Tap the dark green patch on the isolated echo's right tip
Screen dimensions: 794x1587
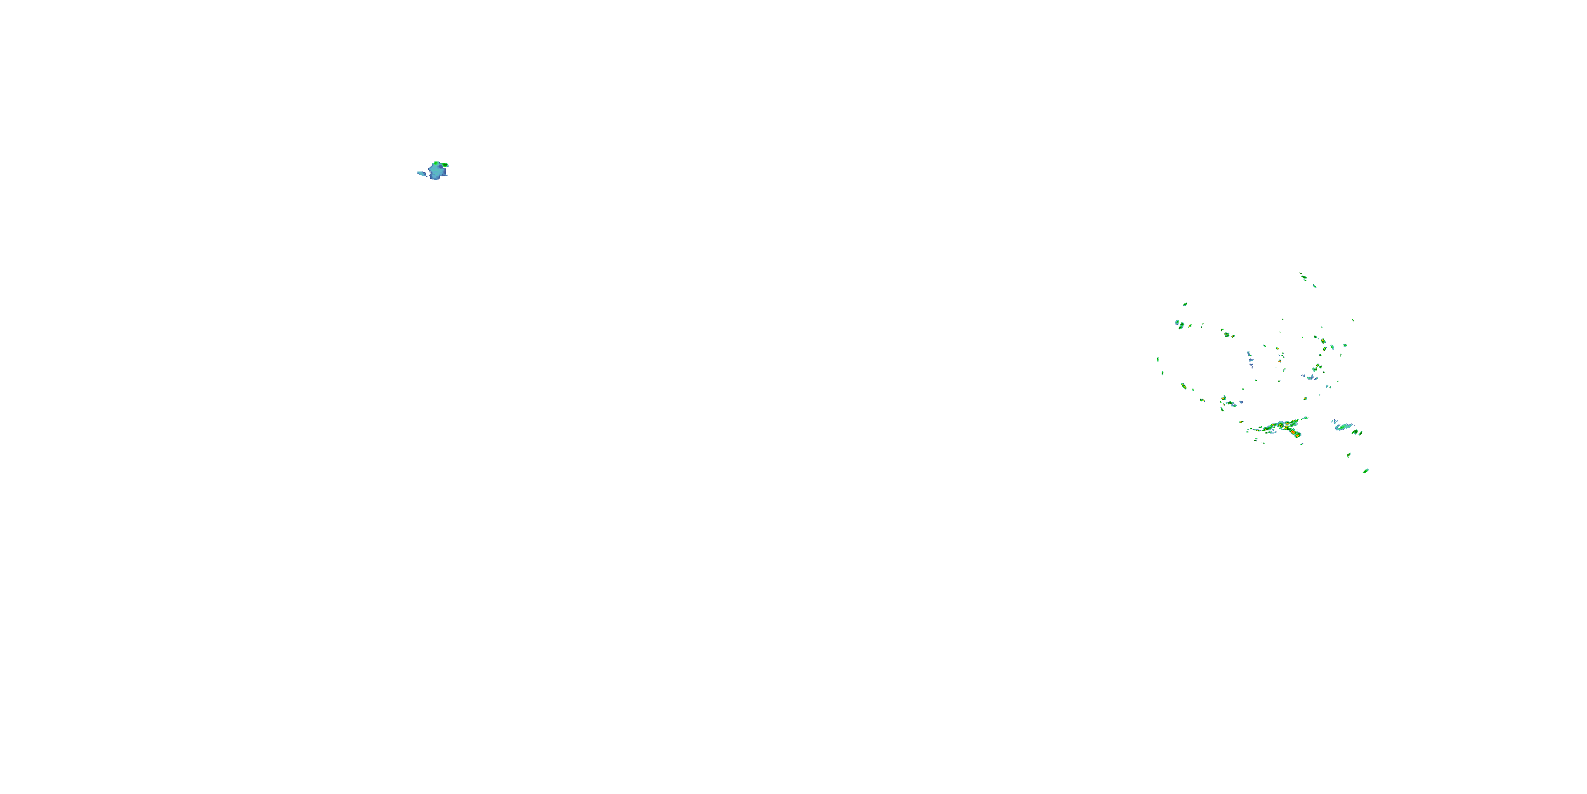click(x=445, y=165)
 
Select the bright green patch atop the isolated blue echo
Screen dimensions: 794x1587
click(x=436, y=164)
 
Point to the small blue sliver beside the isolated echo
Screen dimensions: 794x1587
click(x=422, y=174)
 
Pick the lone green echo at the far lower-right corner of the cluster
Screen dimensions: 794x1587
click(x=1366, y=471)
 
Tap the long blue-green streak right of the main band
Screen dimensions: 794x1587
click(x=1344, y=427)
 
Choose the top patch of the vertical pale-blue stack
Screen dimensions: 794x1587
click(x=1249, y=354)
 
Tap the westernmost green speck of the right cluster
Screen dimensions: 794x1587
click(x=1157, y=359)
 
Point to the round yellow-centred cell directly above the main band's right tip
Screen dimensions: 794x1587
click(x=1305, y=399)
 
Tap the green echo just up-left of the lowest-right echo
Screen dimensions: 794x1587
click(x=1348, y=455)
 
